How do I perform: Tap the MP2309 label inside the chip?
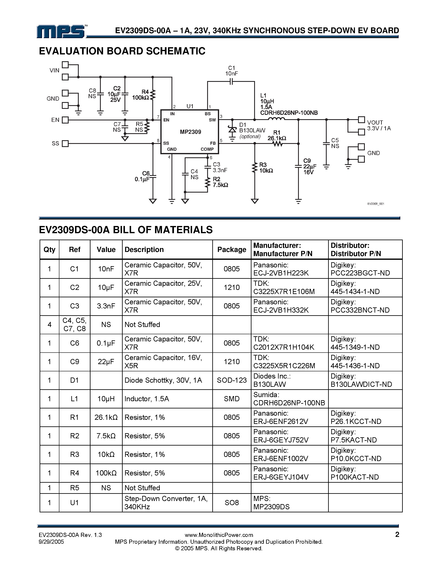pos(190,132)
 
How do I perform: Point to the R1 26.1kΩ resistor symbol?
pos(278,144)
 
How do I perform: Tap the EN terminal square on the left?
pos(65,120)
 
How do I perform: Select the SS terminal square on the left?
pos(65,144)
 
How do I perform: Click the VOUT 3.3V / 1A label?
pos(379,125)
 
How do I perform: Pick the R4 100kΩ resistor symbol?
pos(153,95)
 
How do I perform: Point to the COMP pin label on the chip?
pos(207,149)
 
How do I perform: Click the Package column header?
pos(232,249)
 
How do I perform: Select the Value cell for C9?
pos(106,362)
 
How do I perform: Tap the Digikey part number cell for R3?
pos(356,455)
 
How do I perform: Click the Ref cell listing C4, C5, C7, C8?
pos(74,325)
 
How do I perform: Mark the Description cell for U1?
pos(166,503)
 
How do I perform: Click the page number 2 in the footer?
pos(397,534)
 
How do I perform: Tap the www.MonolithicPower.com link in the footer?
pos(219,535)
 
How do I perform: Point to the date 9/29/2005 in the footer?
pos(51,542)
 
